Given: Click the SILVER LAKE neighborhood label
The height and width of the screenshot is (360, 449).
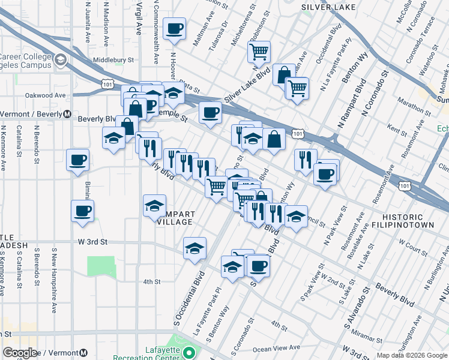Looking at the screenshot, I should pyautogui.click(x=328, y=7).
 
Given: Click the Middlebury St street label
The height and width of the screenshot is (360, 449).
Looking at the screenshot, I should pyautogui.click(x=113, y=60).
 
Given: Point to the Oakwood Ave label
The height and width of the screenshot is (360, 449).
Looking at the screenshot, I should pyautogui.click(x=45, y=95).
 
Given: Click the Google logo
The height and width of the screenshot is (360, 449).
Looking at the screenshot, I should pyautogui.click(x=20, y=353).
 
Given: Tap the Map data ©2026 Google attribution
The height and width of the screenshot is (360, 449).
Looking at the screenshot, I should pyautogui.click(x=412, y=355).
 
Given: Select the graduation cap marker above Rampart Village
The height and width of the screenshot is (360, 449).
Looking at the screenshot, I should pyautogui.click(x=154, y=205).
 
